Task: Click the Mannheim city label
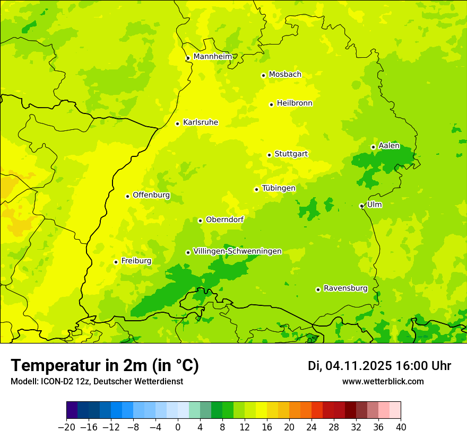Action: pos(212,56)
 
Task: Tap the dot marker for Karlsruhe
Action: pos(178,124)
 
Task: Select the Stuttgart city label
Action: pos(291,154)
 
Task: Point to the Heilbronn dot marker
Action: pos(271,104)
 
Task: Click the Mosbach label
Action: pos(285,74)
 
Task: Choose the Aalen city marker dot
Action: pos(373,147)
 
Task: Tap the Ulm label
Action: pos(374,204)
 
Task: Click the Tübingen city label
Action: pos(279,188)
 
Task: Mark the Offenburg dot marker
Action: pos(127,196)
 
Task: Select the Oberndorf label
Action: pos(224,219)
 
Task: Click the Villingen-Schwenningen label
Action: pos(237,251)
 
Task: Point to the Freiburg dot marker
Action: pos(116,262)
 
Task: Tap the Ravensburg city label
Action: pos(345,288)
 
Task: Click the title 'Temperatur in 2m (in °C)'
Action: pos(105,365)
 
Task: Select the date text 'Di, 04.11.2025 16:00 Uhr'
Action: pos(379,366)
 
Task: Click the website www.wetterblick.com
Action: pos(383,381)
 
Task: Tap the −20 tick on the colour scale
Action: pos(66,427)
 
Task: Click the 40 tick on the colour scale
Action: pos(401,427)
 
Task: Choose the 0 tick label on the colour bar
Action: pos(178,427)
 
